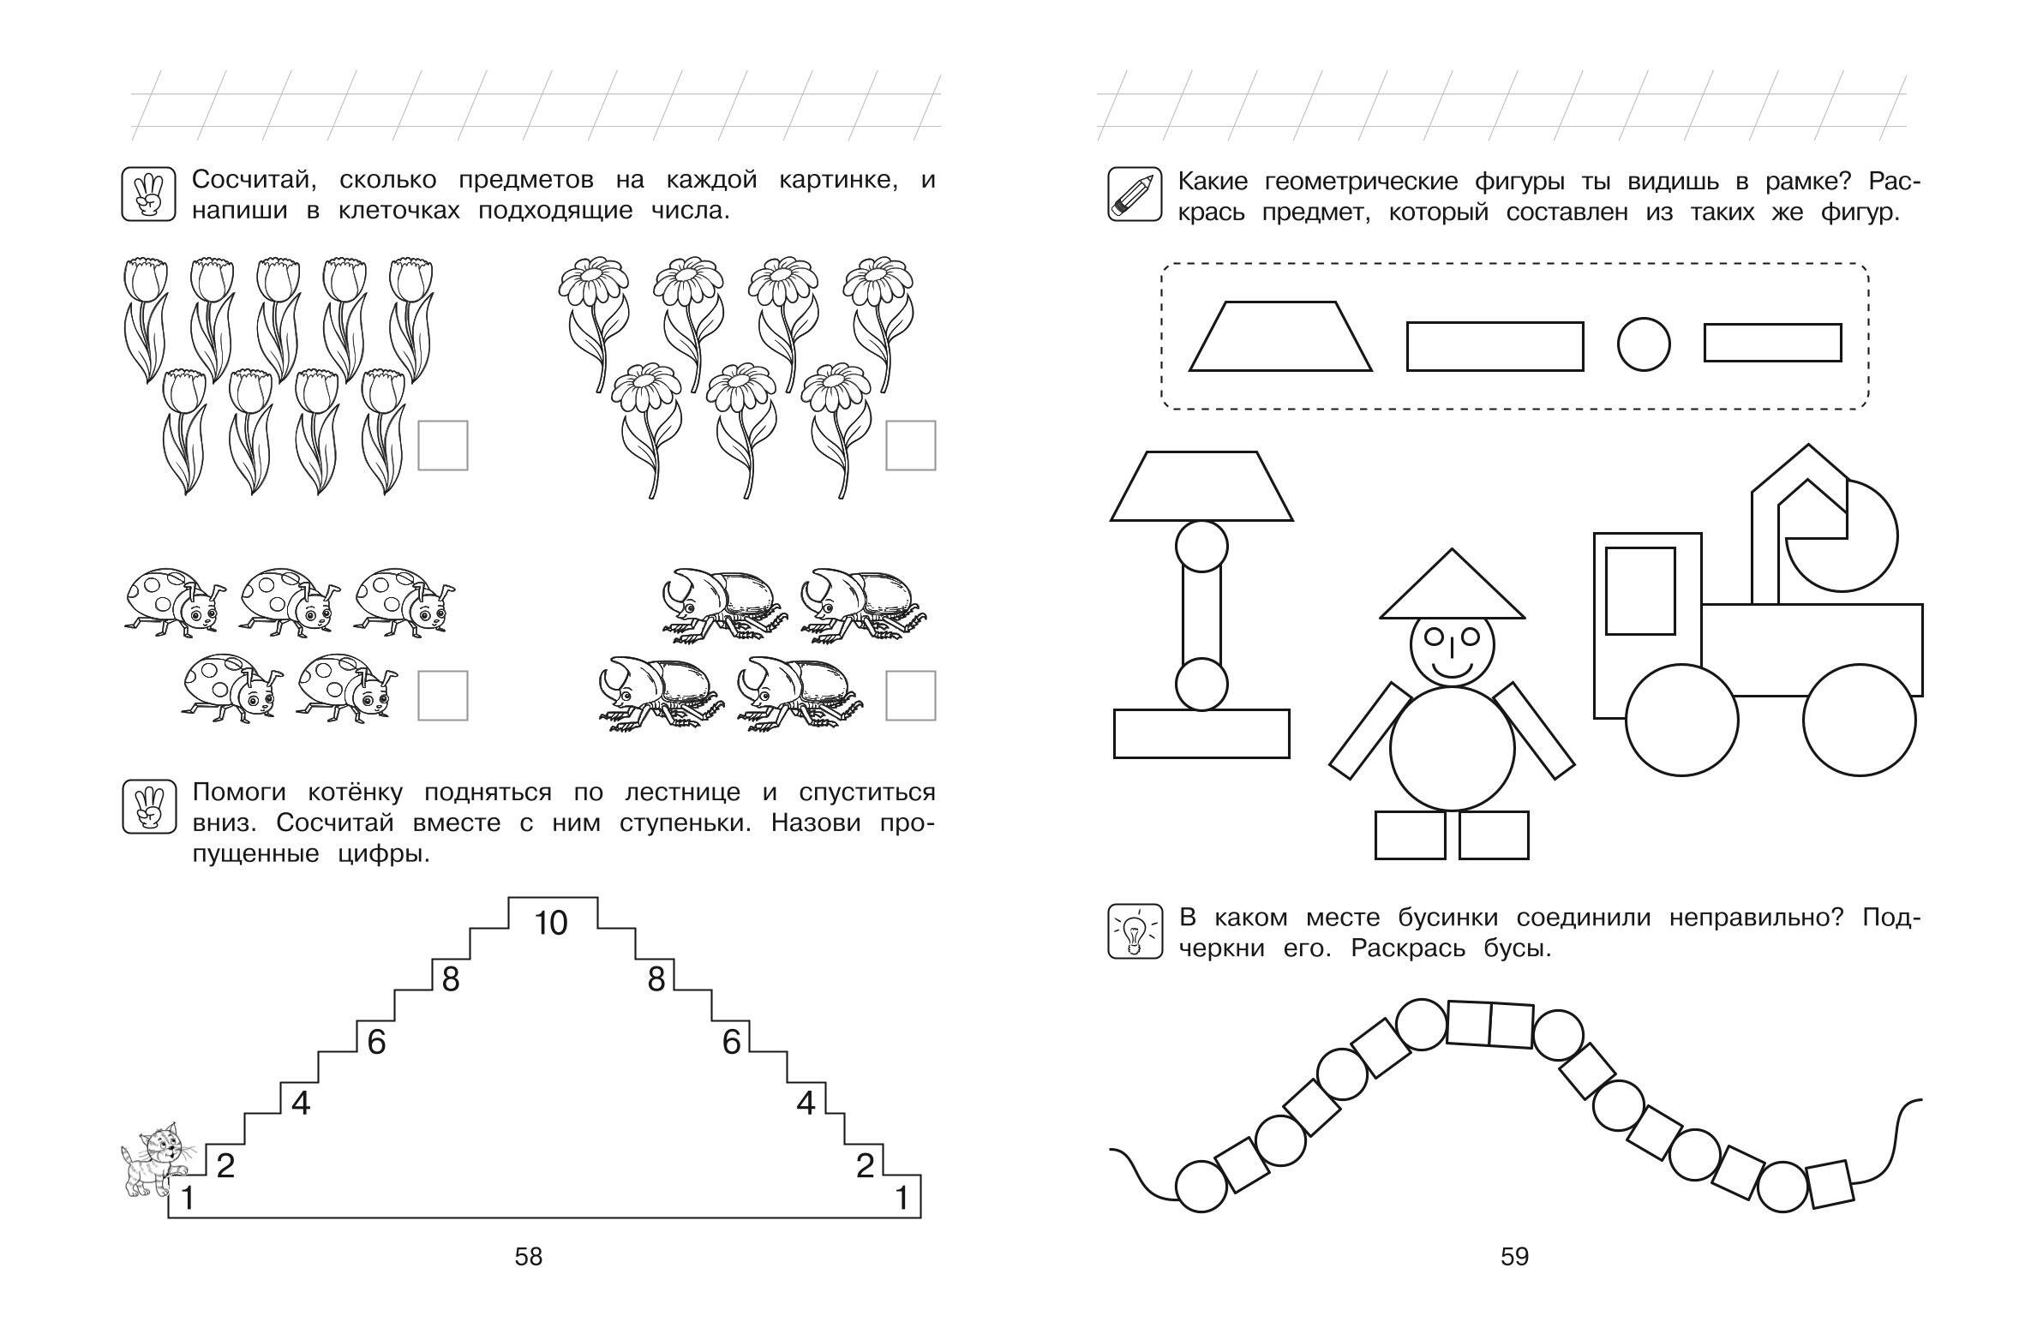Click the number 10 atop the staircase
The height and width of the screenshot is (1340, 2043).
click(551, 924)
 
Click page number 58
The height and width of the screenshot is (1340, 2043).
click(529, 1257)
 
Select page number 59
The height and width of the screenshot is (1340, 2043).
click(1514, 1257)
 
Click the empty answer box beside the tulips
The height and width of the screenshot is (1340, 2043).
click(443, 446)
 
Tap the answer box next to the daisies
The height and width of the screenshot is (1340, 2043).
click(911, 446)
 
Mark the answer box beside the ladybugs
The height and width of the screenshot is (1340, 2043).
click(443, 696)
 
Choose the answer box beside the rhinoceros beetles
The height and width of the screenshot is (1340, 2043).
click(911, 696)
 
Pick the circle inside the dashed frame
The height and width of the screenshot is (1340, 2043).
click(1644, 345)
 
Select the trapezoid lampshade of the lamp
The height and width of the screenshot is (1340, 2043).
click(1201, 487)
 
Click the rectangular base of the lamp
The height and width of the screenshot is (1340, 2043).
click(1201, 733)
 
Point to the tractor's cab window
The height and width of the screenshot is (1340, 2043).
click(1639, 590)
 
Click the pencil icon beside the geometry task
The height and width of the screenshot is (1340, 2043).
click(1134, 194)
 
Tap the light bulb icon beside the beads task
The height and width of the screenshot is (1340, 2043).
click(1134, 930)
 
